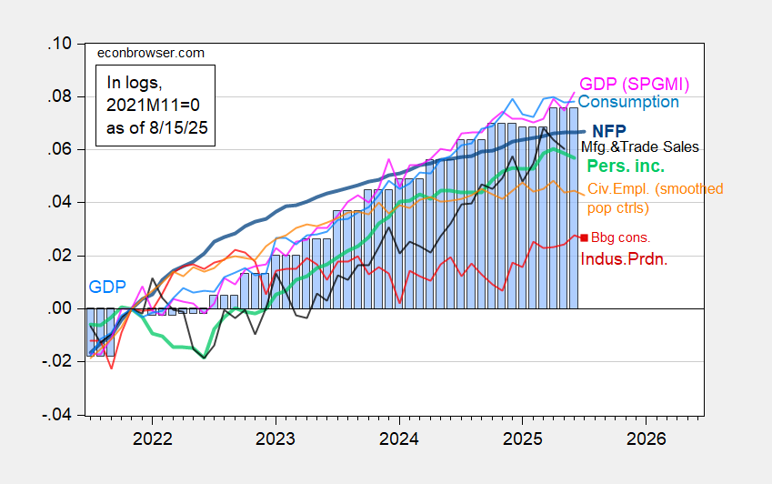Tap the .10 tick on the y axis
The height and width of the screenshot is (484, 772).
click(x=61, y=44)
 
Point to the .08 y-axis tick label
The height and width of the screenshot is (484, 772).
click(x=61, y=96)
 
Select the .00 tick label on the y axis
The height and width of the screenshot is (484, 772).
click(x=61, y=308)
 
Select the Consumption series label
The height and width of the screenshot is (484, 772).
click(x=628, y=103)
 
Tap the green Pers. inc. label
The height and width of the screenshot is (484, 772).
click(x=625, y=166)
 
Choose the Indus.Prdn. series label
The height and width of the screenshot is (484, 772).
click(x=624, y=258)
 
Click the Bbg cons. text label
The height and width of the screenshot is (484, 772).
click(x=616, y=237)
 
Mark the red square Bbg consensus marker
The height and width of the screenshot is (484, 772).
click(x=584, y=237)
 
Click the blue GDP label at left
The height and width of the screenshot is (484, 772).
click(x=105, y=287)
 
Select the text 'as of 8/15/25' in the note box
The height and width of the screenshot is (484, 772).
click(x=155, y=128)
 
